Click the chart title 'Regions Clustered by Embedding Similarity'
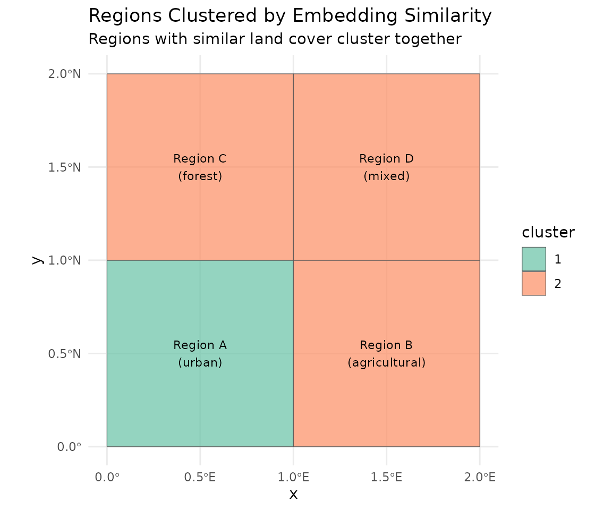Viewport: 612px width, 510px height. (x=290, y=16)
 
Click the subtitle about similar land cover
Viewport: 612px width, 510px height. (x=275, y=39)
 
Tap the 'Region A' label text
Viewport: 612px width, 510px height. (x=200, y=345)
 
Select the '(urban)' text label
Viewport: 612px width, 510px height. (x=200, y=363)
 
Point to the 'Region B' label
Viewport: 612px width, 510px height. (x=386, y=345)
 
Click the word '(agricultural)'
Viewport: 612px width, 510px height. (x=386, y=363)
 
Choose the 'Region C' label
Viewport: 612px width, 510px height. (x=200, y=159)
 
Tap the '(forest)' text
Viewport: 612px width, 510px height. (x=200, y=176)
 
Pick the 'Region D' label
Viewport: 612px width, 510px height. (x=386, y=159)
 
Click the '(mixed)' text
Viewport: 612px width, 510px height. (x=386, y=176)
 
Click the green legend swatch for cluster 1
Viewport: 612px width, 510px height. (x=533, y=259)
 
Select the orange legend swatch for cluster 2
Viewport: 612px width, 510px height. (x=533, y=284)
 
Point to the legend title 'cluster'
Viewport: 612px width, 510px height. (x=548, y=233)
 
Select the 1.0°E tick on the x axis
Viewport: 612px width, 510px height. (x=293, y=478)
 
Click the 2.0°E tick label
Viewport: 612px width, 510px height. (x=480, y=478)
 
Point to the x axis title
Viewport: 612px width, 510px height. (x=293, y=495)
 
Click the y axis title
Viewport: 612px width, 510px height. (x=36, y=260)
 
